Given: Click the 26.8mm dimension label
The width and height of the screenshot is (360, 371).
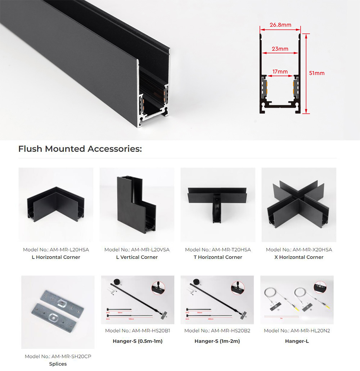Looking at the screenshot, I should [280, 25].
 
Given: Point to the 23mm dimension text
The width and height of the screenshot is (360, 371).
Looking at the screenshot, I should [280, 49].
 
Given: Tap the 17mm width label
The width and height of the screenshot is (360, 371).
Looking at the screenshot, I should [280, 72].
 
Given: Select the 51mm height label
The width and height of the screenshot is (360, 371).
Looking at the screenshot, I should [317, 73].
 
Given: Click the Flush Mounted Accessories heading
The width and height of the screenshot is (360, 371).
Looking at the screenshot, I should [80, 149].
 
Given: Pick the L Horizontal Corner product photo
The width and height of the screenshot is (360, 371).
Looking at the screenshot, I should [56, 204].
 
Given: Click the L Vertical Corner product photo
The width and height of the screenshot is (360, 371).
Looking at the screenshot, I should [137, 204].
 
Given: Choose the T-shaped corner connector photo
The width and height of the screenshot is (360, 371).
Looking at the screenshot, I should [218, 204].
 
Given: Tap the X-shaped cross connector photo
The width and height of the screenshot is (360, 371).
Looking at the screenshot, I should [299, 204].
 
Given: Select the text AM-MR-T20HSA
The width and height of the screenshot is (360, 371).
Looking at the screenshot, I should [231, 250].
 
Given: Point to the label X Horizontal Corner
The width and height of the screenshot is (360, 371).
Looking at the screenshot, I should [299, 257].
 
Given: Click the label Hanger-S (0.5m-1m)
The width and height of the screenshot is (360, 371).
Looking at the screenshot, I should [138, 341].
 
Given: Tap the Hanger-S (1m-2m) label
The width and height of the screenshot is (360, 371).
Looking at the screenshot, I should [217, 341].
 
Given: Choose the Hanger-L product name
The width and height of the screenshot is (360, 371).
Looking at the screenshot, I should [297, 341].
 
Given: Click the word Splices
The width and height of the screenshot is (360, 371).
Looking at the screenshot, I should [58, 364].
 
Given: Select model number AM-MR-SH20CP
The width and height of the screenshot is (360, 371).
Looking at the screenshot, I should [71, 356].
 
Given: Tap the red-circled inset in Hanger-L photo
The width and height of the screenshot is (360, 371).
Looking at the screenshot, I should [320, 287].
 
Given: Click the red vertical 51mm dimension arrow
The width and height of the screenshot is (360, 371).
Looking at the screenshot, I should [306, 74].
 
